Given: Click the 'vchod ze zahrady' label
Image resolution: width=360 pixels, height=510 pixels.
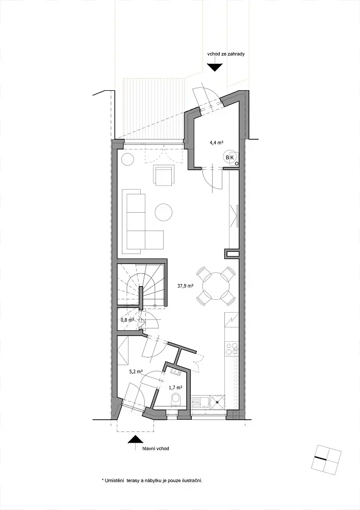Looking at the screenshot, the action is click(x=226, y=54).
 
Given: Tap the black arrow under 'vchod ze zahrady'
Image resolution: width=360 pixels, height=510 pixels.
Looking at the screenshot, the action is click(x=215, y=67).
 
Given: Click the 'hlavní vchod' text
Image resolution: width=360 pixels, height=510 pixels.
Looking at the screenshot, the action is click(x=156, y=448).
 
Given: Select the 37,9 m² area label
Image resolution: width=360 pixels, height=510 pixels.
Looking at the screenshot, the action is click(x=186, y=287).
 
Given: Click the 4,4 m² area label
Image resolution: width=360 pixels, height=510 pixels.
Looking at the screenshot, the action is click(x=216, y=142).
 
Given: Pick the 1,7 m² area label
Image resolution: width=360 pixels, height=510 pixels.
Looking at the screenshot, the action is click(x=175, y=388).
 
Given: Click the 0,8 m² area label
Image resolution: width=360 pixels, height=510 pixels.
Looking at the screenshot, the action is click(x=127, y=320).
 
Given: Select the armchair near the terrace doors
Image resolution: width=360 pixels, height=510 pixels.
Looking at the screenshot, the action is click(x=164, y=175).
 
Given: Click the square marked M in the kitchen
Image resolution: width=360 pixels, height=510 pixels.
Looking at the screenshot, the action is click(x=217, y=402).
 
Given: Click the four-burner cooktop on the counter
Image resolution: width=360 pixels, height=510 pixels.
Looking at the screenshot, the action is click(x=232, y=349).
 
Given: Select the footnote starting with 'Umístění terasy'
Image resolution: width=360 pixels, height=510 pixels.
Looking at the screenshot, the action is click(x=152, y=480).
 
